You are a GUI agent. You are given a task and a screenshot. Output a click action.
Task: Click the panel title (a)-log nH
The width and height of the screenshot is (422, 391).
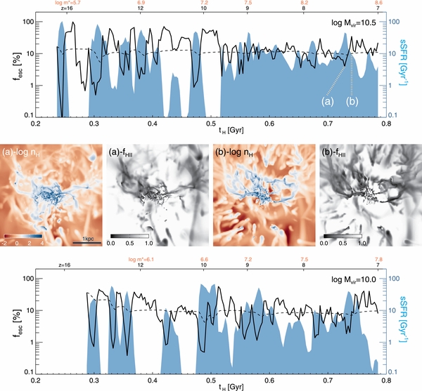[23, 150]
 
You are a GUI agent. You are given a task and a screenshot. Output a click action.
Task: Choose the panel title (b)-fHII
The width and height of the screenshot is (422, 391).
[337, 150]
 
